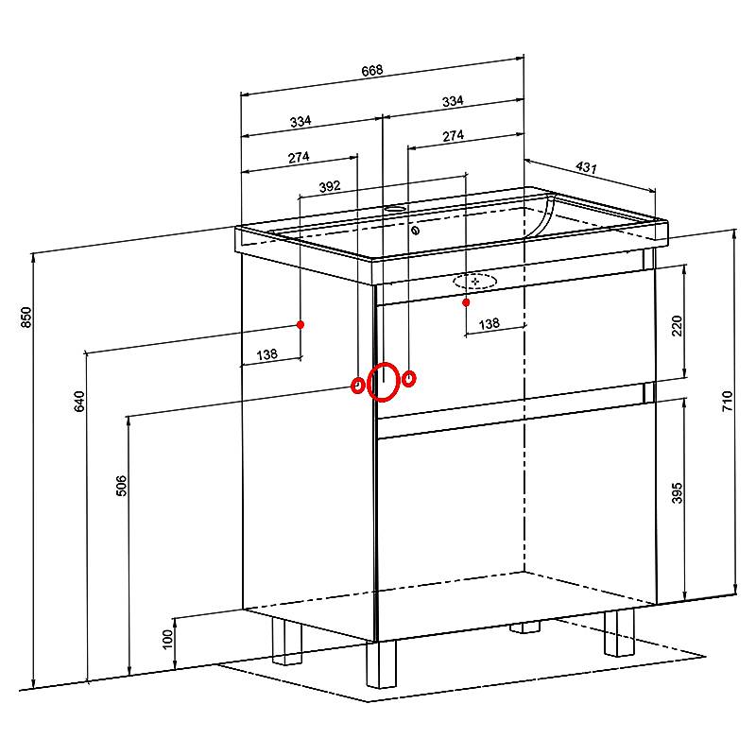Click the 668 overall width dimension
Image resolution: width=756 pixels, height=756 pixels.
[372, 70]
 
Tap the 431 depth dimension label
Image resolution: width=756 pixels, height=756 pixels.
[586, 167]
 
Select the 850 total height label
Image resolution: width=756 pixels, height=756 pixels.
[26, 318]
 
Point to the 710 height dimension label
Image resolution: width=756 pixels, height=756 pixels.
[727, 401]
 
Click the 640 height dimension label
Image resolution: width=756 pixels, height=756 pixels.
[79, 401]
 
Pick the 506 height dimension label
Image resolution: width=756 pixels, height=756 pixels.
[122, 486]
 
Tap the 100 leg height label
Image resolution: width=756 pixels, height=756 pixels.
[167, 640]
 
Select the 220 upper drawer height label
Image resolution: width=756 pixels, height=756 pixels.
[677, 326]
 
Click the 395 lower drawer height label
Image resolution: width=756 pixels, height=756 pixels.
[677, 492]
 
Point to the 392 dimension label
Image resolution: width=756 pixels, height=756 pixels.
[330, 186]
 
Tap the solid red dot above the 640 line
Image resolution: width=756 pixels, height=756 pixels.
[301, 324]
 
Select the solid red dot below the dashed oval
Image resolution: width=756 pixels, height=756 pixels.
[466, 302]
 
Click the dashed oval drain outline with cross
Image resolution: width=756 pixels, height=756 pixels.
[475, 281]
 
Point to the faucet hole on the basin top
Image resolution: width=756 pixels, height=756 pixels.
[396, 210]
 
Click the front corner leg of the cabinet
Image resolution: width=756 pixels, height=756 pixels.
[381, 664]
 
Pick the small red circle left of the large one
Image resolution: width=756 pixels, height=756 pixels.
[357, 386]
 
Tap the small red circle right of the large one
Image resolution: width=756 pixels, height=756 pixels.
[409, 379]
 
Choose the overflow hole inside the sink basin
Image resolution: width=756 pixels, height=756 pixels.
[415, 231]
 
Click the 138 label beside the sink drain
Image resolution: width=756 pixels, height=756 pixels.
[490, 323]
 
